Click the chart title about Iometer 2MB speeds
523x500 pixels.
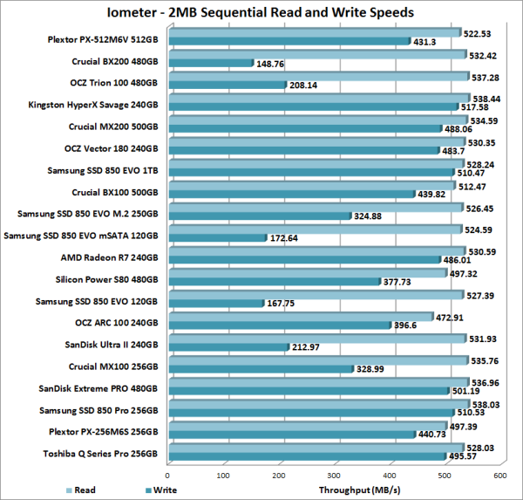(x=261, y=12)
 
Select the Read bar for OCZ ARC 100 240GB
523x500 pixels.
(x=301, y=316)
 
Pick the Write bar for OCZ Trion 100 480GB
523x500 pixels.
(x=228, y=86)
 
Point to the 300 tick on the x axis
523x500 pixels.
(x=334, y=475)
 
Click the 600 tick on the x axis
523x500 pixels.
(x=499, y=475)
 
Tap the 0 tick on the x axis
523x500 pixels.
(x=169, y=475)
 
